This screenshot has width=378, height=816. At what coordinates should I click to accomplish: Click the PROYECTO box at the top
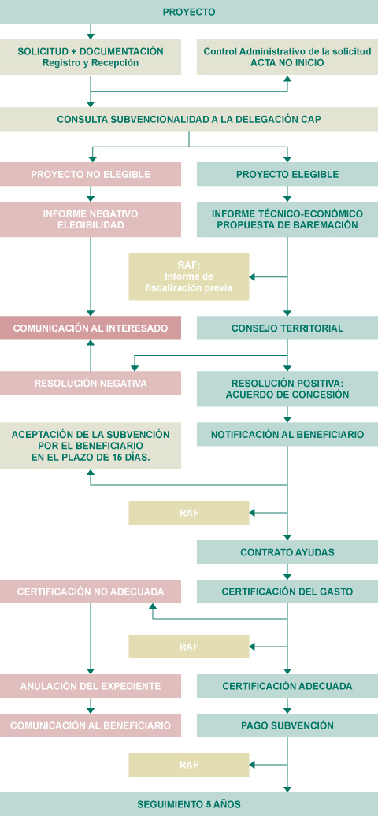(189, 12)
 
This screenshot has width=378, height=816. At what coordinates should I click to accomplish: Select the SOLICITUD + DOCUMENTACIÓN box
(91, 57)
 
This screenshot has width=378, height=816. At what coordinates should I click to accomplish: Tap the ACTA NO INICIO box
(287, 57)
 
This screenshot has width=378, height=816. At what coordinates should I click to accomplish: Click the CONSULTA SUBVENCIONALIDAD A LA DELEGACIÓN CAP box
(189, 119)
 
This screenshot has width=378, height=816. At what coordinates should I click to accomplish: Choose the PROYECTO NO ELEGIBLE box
(91, 174)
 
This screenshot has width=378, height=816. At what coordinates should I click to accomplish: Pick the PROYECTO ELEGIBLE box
(287, 174)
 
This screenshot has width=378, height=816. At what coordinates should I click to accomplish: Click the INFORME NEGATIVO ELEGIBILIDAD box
(91, 220)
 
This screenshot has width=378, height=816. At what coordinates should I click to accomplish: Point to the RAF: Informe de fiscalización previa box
(189, 276)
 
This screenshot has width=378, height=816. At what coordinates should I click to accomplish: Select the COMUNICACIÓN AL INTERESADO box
(91, 328)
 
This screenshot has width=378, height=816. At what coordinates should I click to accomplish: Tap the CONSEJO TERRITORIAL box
(287, 328)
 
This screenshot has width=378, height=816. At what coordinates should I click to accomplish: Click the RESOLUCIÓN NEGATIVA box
(91, 383)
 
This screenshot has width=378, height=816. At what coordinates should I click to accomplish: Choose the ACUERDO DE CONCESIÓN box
(287, 389)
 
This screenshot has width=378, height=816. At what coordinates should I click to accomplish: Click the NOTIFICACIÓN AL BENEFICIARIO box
(287, 434)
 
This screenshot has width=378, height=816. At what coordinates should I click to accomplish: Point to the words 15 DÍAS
(143, 458)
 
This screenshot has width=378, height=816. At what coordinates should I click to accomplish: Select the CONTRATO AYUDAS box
(287, 552)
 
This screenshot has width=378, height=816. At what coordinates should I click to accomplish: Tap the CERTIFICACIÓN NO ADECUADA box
(91, 592)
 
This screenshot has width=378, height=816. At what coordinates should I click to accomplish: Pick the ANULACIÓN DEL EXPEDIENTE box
(91, 686)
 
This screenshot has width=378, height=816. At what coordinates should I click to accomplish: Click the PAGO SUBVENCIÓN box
(287, 725)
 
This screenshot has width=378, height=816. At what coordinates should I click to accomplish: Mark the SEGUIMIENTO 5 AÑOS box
(189, 804)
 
